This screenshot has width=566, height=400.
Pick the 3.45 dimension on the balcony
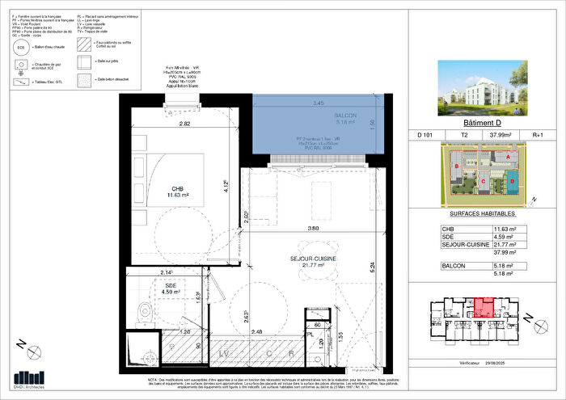319,103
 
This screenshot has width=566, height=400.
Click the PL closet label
310,331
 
